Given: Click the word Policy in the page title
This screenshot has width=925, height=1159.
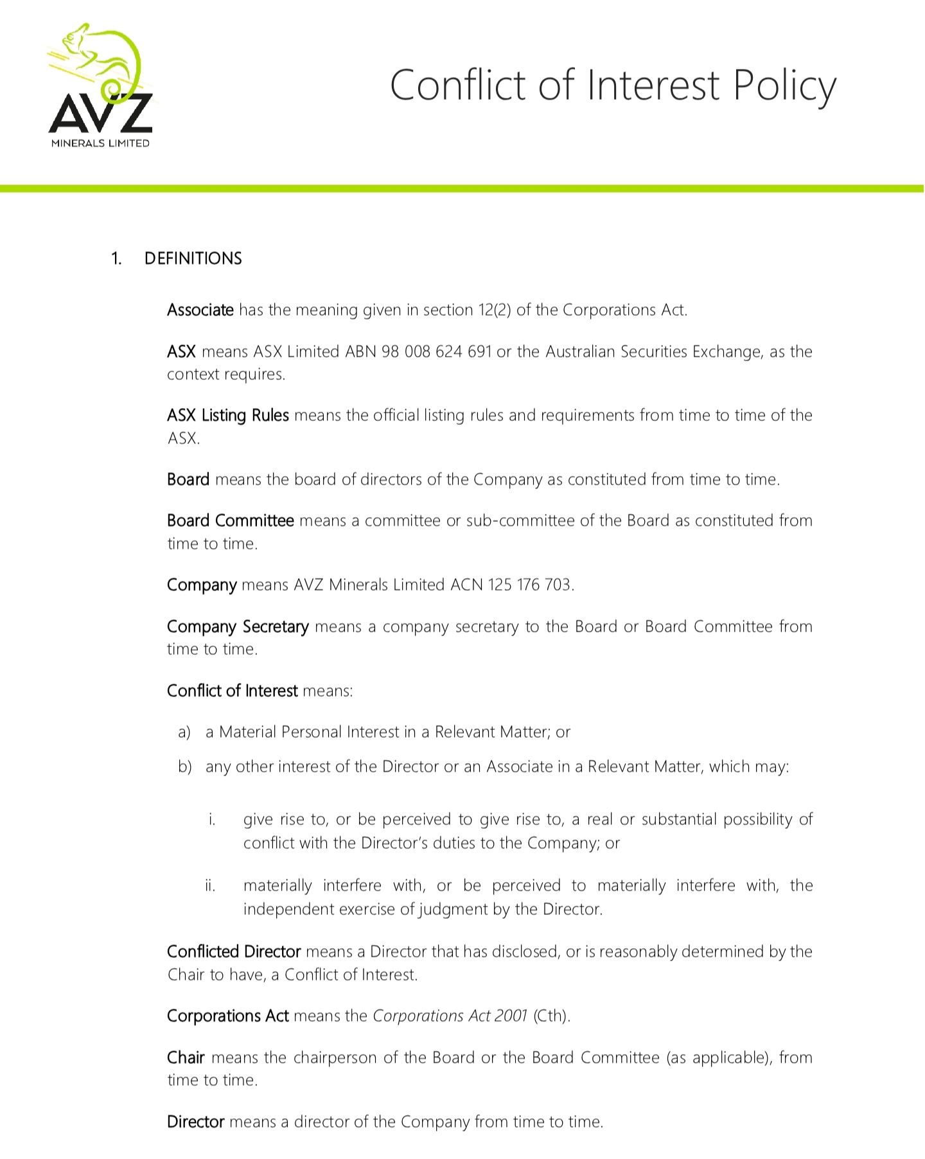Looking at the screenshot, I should click(x=784, y=86).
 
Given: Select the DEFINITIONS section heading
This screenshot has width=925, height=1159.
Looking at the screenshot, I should click(x=193, y=258).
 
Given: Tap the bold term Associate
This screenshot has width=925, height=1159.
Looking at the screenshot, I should click(x=200, y=310).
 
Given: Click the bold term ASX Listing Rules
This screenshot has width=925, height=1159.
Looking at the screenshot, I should click(x=227, y=416).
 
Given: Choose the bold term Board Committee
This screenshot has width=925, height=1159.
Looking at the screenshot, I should click(x=230, y=520).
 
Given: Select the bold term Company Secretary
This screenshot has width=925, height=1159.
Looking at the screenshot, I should click(x=238, y=626).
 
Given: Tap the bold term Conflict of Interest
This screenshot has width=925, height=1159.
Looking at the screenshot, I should click(x=232, y=691).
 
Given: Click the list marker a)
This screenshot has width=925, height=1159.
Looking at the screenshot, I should click(x=184, y=732).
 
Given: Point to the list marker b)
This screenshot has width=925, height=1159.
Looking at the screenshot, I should click(x=184, y=767).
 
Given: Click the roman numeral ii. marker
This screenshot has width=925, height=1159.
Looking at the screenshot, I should click(x=210, y=886).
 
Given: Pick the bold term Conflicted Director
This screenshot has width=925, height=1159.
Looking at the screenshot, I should click(x=234, y=951).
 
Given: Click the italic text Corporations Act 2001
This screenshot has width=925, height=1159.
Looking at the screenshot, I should click(x=450, y=1016).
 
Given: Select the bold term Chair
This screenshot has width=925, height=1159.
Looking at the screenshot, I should click(x=186, y=1057).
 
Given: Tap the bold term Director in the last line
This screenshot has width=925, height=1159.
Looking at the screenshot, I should click(x=195, y=1122).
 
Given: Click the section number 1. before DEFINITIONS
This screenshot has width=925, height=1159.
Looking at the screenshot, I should click(x=116, y=259).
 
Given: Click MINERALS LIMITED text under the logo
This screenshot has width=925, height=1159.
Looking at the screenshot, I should click(x=100, y=143).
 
